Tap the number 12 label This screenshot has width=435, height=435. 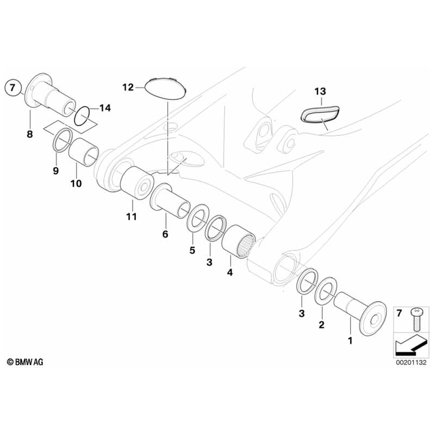[x=129, y=87]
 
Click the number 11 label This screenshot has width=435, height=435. [x=130, y=217]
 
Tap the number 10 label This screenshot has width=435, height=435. [x=75, y=183]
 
